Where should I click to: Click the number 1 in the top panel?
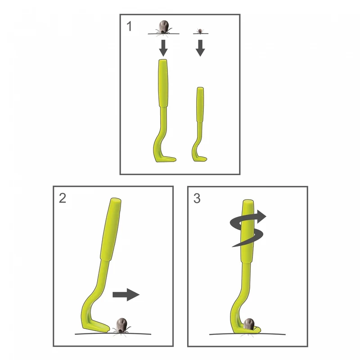point(129,26)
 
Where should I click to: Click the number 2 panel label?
point(63,198)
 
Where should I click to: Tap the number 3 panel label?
point(197,198)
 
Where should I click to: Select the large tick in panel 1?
point(163,27)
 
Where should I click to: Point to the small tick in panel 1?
point(200,31)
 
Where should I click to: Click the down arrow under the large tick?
point(163,48)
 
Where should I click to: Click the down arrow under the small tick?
point(200,48)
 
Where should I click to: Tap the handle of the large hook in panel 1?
point(163,83)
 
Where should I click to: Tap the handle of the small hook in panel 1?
point(200,105)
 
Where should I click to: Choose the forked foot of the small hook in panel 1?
point(199,158)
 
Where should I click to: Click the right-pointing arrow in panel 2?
point(126,295)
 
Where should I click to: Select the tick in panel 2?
point(121,326)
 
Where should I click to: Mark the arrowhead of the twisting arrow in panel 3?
point(261,216)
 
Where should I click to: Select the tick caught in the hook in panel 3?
point(249,324)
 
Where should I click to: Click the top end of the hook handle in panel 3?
point(248,201)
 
